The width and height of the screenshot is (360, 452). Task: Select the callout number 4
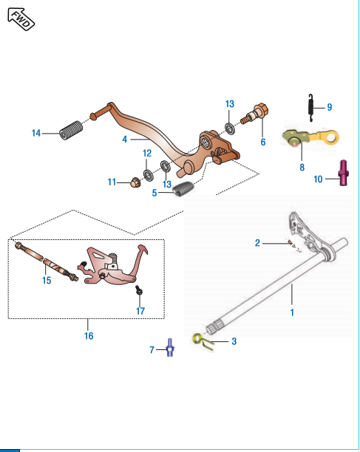pos(125,139)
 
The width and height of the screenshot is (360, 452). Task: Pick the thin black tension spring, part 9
pos(312,108)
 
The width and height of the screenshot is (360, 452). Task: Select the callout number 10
pos(319,179)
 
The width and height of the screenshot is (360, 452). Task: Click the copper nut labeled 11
pos(135,182)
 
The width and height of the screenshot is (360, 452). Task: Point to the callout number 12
pos(147,153)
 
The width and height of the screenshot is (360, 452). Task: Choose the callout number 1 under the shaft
pos(292,312)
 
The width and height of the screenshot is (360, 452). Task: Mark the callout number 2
pos(257,242)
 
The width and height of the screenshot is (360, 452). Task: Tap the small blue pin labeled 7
pos(169,348)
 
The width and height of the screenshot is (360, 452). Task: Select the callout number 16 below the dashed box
pos(88,336)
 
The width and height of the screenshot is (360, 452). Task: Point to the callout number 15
pos(47,281)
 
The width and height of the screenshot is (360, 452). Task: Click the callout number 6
pos(262,141)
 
